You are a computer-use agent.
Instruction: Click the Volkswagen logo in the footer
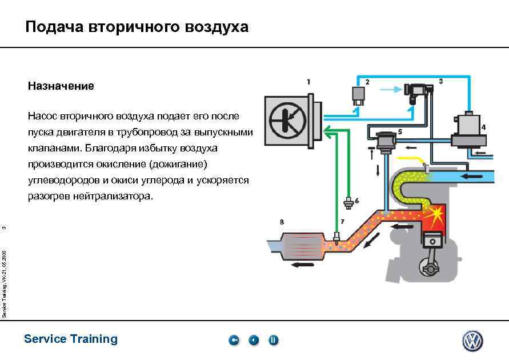tap(472, 341)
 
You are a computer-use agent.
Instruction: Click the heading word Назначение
tap(61, 86)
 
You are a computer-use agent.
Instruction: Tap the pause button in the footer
tap(273, 341)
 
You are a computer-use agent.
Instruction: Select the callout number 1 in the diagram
tap(308, 82)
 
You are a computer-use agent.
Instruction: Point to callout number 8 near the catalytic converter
tap(281, 221)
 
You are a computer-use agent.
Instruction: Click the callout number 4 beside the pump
tap(484, 126)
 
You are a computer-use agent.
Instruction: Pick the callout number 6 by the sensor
tap(357, 201)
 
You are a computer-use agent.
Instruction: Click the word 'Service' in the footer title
tap(45, 339)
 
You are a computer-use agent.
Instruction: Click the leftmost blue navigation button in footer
tap(234, 341)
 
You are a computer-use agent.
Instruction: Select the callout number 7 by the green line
tap(343, 221)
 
